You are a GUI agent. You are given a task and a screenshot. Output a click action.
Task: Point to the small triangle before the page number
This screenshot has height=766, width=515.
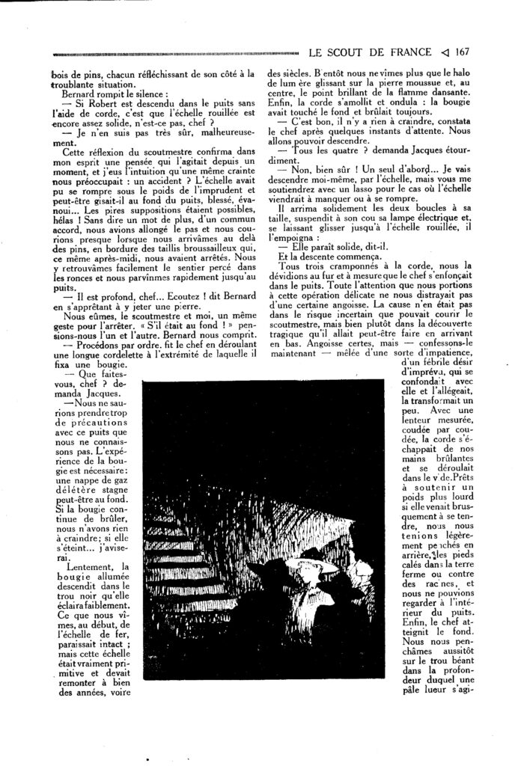pos(445,52)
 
